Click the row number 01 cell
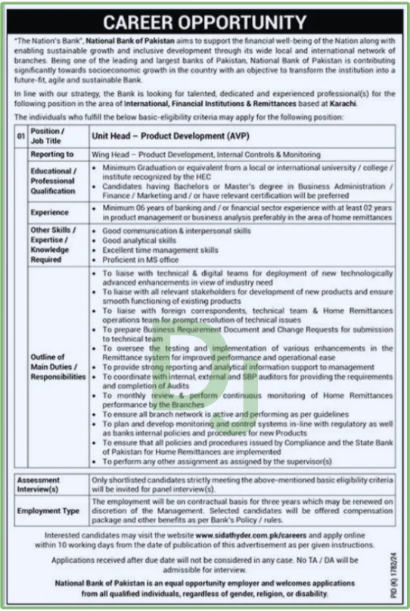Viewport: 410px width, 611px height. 21,137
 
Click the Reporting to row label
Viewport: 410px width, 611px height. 51,154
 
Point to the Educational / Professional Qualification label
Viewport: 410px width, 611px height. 53,182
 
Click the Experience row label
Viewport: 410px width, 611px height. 50,213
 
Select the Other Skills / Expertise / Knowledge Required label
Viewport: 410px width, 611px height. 51,244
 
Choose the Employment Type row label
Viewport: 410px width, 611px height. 49,512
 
